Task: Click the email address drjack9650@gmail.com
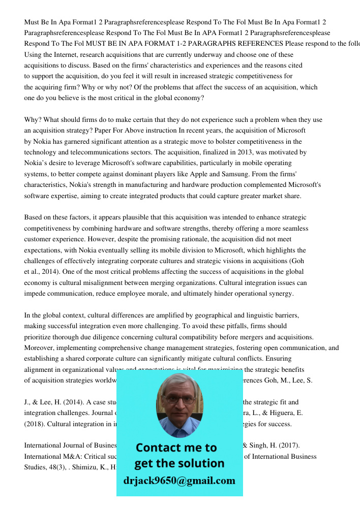(x=179, y=481)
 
